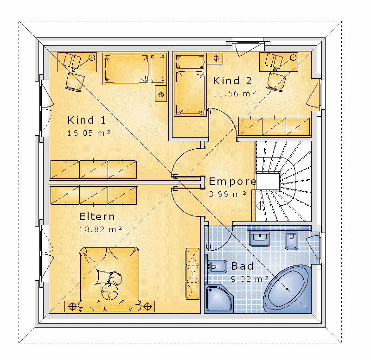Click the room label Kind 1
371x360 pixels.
[87, 120]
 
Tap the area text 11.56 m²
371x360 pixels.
[234, 94]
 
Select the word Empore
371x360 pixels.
[233, 182]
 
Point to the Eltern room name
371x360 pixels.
[97, 216]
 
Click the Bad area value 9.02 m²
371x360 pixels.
[249, 278]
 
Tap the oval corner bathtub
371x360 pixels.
[288, 289]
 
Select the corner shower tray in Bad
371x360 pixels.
[218, 298]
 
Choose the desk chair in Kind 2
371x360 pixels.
[276, 82]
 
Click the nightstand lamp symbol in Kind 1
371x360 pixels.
[161, 95]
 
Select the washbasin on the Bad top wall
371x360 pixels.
[260, 238]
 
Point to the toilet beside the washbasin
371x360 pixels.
[291, 240]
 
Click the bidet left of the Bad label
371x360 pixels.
[217, 267]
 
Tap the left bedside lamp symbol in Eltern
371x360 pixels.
[72, 307]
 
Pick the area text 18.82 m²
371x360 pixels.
[100, 229]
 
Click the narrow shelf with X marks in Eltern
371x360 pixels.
[192, 274]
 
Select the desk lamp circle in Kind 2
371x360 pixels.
[294, 57]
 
